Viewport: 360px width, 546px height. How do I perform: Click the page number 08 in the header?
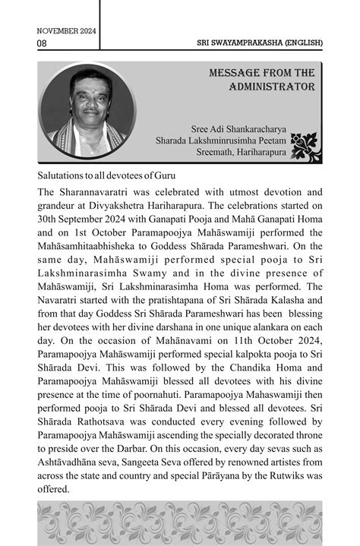42,43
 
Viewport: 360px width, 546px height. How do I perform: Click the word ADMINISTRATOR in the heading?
272,87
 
